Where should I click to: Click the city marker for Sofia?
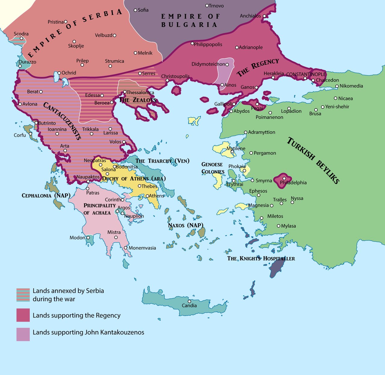(x=135, y=10)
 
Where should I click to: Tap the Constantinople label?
(x=306, y=74)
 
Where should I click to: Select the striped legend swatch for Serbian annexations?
(x=23, y=295)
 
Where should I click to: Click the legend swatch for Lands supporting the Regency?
(x=23, y=315)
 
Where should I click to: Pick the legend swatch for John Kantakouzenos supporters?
(x=23, y=334)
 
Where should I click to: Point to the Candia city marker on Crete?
(x=189, y=301)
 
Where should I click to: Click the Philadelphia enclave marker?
(x=284, y=179)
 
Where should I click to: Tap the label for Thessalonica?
(x=140, y=92)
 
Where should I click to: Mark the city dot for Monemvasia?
(x=126, y=248)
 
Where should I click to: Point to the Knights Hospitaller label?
(x=261, y=258)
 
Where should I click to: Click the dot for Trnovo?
(x=207, y=6)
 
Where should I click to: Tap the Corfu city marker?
(x=30, y=134)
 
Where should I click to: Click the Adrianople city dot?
(x=237, y=47)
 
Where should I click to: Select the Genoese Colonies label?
(x=213, y=168)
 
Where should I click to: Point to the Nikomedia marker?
(x=337, y=86)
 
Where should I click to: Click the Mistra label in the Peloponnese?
(x=114, y=232)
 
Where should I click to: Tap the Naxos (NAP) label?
(x=186, y=225)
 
